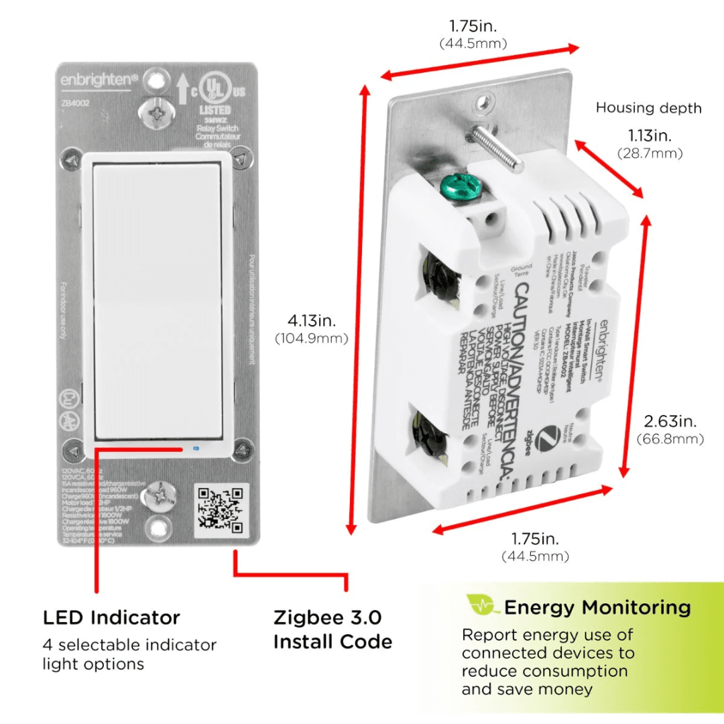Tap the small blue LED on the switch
(195, 447)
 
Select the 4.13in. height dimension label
(312, 320)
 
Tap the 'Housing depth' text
(648, 108)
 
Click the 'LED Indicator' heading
(111, 617)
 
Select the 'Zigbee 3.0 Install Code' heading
(333, 629)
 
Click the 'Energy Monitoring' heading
(597, 608)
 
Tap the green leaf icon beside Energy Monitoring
(483, 605)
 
